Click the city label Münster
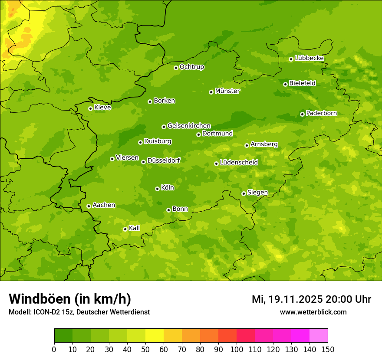click(227, 91)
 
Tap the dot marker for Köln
click(157, 189)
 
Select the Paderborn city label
click(321, 113)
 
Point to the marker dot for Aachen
click(89, 206)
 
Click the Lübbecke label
click(309, 58)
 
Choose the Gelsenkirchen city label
click(189, 126)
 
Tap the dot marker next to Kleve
click(90, 108)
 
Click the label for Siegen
click(257, 193)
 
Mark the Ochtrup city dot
click(176, 68)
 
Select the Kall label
click(135, 228)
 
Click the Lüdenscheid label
click(239, 163)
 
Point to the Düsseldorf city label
click(163, 160)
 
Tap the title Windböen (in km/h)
click(70, 299)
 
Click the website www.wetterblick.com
click(313, 312)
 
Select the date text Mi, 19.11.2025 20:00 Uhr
click(311, 299)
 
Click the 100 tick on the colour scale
click(237, 350)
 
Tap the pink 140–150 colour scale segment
click(319, 336)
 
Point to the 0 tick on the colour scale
click(54, 350)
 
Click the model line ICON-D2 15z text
click(79, 312)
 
